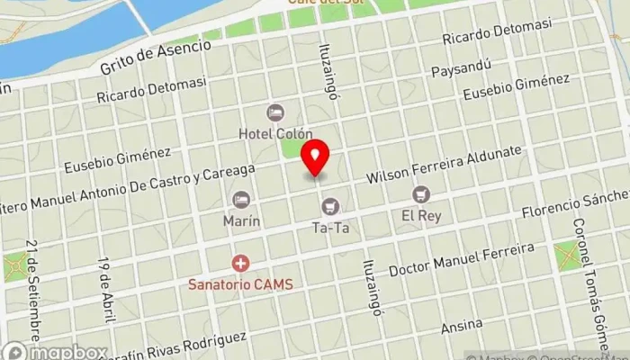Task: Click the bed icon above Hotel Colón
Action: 275,112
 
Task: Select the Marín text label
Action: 241,220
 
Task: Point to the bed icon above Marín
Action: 240,199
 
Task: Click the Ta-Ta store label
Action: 330,228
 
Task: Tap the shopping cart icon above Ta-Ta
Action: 330,207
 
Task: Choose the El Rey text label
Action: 420,215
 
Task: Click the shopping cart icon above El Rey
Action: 420,193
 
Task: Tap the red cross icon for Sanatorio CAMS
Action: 240,264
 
